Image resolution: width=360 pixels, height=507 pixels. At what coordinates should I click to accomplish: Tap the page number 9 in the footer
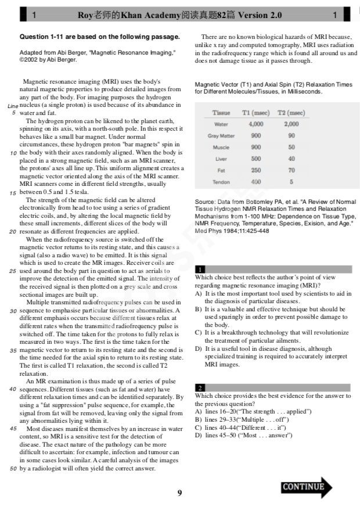tap(179, 493)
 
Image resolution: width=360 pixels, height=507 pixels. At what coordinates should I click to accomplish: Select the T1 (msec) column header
tap(255, 113)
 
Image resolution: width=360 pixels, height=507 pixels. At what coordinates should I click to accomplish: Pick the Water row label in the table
tap(221, 124)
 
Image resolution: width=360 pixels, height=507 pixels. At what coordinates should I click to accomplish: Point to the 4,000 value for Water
tap(255, 124)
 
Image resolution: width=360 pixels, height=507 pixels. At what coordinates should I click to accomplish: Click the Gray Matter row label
tap(221, 136)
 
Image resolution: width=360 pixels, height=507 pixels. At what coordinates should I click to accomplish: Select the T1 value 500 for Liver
tap(255, 159)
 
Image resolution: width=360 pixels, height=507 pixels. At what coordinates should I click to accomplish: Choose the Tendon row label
tap(221, 182)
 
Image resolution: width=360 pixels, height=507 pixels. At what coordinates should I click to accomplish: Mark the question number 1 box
tap(200, 269)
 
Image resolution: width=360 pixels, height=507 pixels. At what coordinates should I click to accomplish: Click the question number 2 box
tap(200, 387)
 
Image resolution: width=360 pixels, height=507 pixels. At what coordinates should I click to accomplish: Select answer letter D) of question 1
tap(199, 349)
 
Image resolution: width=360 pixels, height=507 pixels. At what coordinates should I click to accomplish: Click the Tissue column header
tap(221, 113)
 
